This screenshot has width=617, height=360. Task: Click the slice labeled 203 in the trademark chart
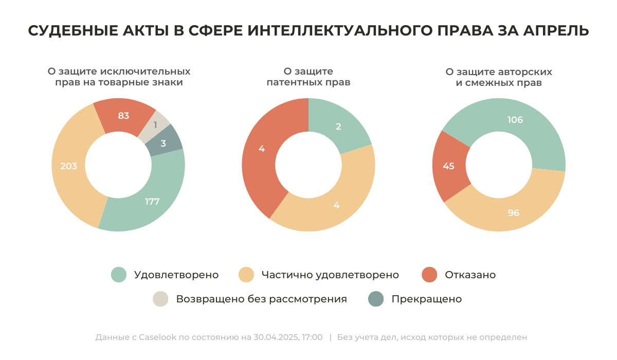pyautogui.click(x=69, y=166)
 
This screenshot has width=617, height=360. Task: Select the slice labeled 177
pyautogui.click(x=152, y=201)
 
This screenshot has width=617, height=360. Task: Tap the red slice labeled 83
pyautogui.click(x=123, y=116)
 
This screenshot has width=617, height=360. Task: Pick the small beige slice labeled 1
pyautogui.click(x=156, y=124)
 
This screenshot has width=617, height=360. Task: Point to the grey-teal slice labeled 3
pyautogui.click(x=164, y=143)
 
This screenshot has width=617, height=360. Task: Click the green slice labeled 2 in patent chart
pyautogui.click(x=338, y=127)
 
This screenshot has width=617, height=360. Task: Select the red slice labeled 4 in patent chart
pyautogui.click(x=262, y=149)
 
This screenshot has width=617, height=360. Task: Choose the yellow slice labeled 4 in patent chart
pyautogui.click(x=337, y=205)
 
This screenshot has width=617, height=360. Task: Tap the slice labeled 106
pyautogui.click(x=515, y=120)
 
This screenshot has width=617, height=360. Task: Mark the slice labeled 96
pyautogui.click(x=513, y=212)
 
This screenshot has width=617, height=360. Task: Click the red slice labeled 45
pyautogui.click(x=448, y=166)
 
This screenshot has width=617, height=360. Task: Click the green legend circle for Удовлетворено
pyautogui.click(x=119, y=275)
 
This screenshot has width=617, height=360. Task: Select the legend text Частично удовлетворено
pyautogui.click(x=330, y=275)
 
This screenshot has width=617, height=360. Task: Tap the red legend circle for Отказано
pyautogui.click(x=429, y=275)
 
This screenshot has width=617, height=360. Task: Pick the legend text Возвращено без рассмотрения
pyautogui.click(x=261, y=299)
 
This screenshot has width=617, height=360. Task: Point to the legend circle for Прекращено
pyautogui.click(x=377, y=299)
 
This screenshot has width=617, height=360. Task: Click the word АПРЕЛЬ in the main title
pyautogui.click(x=556, y=31)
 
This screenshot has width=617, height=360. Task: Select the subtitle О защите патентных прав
pyautogui.click(x=308, y=77)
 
